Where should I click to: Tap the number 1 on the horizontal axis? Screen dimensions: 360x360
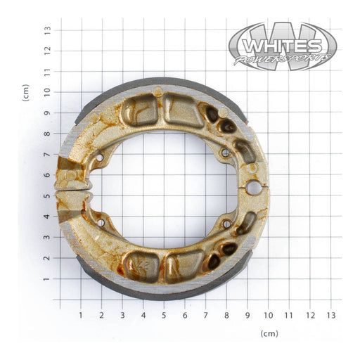pyautogui.click(x=81, y=316)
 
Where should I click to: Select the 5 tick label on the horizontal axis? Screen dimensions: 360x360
pyautogui.click(x=164, y=316)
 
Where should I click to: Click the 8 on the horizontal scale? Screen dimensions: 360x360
pyautogui.click(x=226, y=316)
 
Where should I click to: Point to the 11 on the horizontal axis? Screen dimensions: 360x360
pyautogui.click(x=288, y=316)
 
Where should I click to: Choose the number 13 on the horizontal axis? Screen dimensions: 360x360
pyautogui.click(x=330, y=316)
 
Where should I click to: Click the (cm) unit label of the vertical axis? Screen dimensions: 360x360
pyautogui.click(x=26, y=93)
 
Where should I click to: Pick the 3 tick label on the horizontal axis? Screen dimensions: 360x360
pyautogui.click(x=122, y=316)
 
